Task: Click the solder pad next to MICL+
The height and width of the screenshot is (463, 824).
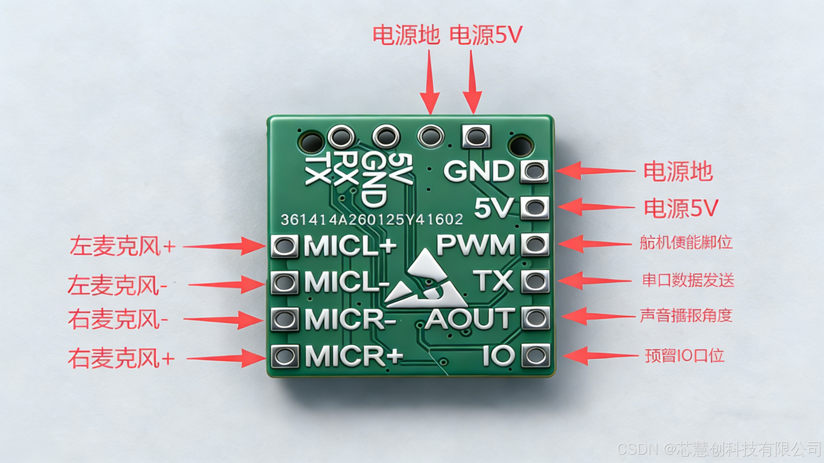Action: pyautogui.click(x=284, y=246)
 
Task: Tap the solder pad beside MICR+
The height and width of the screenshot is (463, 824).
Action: pyautogui.click(x=285, y=356)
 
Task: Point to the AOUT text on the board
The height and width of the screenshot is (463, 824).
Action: pyautogui.click(x=470, y=319)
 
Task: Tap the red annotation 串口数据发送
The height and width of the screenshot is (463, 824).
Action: pyautogui.click(x=688, y=281)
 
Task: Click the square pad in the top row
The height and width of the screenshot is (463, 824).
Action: pyautogui.click(x=476, y=136)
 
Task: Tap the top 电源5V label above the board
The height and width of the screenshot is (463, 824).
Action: pyautogui.click(x=486, y=35)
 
